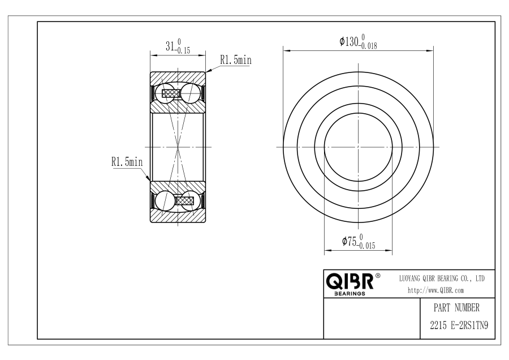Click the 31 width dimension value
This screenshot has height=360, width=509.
(x=170, y=46)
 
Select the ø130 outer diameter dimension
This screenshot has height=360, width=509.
(x=359, y=42)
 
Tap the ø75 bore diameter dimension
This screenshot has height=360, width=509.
(x=359, y=241)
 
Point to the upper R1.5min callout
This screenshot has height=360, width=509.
(x=236, y=60)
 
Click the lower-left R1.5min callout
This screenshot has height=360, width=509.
(x=127, y=161)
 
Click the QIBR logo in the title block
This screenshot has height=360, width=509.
(x=350, y=281)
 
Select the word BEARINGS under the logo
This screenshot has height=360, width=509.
(x=350, y=294)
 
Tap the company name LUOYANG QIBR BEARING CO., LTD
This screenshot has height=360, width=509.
(x=442, y=278)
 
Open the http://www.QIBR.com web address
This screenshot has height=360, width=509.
(x=435, y=290)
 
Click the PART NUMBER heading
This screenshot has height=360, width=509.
(x=456, y=307)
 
